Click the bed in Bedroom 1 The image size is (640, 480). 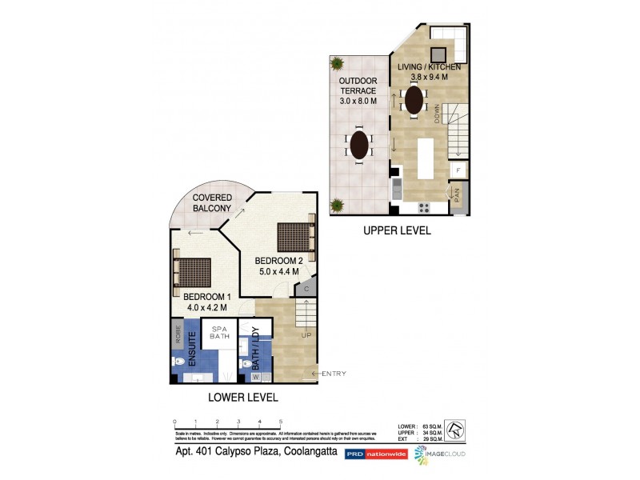(193, 272)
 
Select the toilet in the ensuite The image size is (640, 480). (179, 361)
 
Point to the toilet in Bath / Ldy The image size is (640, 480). (246, 362)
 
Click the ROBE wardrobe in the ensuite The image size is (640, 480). (176, 334)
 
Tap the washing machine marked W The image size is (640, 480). (257, 376)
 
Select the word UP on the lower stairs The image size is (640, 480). (305, 336)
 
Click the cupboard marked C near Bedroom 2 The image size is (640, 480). (307, 286)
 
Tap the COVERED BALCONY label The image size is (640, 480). (213, 202)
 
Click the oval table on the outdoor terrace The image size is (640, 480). (360, 146)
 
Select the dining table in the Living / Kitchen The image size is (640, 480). (414, 100)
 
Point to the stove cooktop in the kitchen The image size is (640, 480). (423, 207)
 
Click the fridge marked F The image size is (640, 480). (458, 170)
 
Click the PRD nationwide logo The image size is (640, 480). (375, 454)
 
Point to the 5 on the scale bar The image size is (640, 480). (280, 421)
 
